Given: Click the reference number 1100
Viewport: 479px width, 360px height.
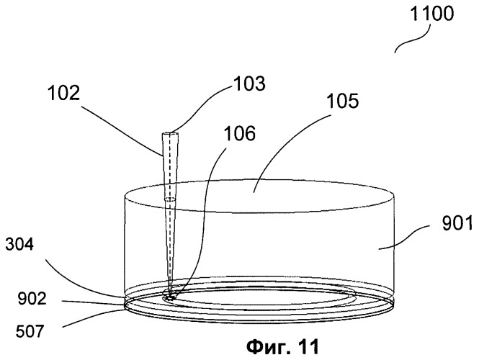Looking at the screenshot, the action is tap(431, 14).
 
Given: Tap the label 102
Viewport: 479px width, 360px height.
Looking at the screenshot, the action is tap(64, 93).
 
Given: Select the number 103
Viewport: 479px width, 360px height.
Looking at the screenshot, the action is tap(249, 84).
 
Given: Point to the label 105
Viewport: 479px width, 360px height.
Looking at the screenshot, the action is tap(343, 101).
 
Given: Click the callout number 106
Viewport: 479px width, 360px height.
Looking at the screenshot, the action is tap(239, 133).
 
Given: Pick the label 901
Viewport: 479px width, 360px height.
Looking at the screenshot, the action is tap(457, 223).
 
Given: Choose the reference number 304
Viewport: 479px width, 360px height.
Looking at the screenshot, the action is tap(19, 245).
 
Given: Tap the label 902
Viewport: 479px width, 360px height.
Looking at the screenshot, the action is tap(32, 299).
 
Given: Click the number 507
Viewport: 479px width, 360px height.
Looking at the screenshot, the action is tap(30, 331).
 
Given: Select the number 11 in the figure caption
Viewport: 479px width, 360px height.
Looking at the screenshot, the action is tap(308, 347).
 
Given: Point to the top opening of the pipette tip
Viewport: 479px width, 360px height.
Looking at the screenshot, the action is tap(169, 133).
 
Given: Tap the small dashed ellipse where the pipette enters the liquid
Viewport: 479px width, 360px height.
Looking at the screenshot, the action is tap(170, 200).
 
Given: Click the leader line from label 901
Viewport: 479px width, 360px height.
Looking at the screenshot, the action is tap(405, 237).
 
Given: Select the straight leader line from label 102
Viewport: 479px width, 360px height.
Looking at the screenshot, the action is tap(122, 130).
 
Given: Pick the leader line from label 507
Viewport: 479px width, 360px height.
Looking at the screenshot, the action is tap(93, 318).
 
